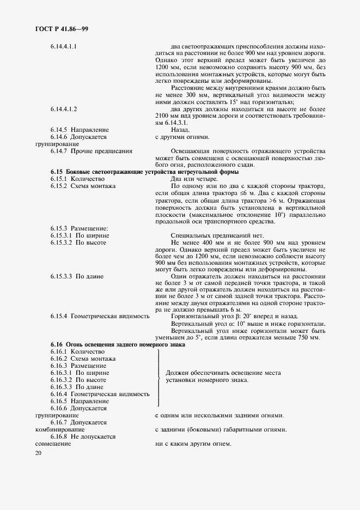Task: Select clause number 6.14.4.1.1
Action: (63, 46)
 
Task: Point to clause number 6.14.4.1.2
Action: (63, 108)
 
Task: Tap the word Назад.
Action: (180, 130)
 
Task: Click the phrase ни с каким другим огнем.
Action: (193, 444)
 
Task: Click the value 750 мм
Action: (306, 338)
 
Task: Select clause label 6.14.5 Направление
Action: (80, 130)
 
